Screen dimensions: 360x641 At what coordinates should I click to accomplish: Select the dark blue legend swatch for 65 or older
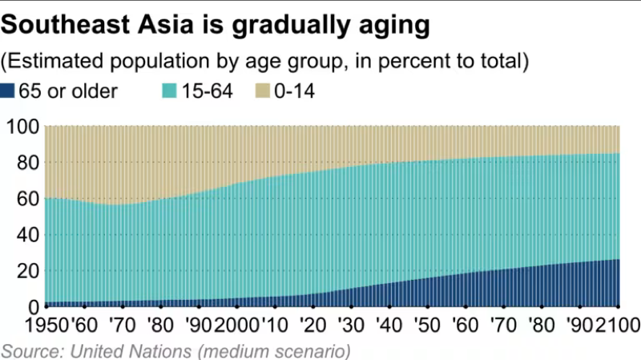click(x=8, y=91)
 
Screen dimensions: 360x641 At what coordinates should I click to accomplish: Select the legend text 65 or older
click(x=71, y=91)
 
